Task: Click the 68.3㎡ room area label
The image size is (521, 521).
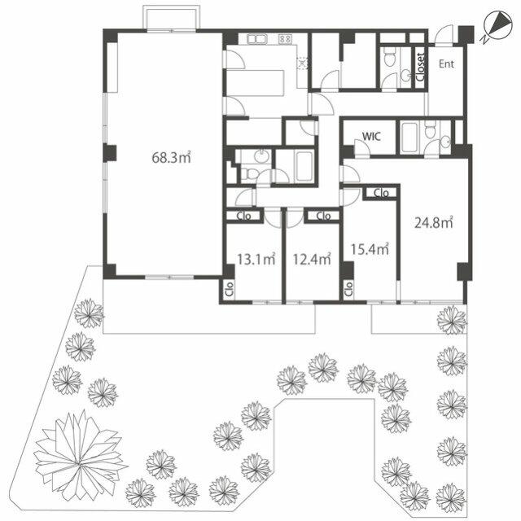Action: click(171, 157)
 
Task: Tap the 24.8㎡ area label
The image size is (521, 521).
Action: click(434, 222)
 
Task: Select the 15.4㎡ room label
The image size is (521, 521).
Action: click(370, 249)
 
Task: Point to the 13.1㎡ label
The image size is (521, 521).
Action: click(256, 259)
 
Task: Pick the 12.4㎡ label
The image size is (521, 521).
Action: click(312, 259)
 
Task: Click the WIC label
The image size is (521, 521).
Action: click(371, 136)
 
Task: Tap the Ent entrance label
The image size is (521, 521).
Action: click(446, 63)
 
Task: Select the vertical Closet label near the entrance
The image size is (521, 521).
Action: click(420, 67)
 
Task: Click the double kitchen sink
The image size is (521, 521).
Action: click(257, 39)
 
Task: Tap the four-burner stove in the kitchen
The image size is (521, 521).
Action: click(285, 39)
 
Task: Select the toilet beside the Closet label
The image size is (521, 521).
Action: click(388, 57)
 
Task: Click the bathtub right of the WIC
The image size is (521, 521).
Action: click(409, 138)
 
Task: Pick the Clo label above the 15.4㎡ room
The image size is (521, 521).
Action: click(381, 193)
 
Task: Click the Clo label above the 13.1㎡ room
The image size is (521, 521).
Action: click(243, 216)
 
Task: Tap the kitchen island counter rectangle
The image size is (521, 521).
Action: click(255, 83)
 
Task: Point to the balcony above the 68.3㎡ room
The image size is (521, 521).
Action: click(171, 19)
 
